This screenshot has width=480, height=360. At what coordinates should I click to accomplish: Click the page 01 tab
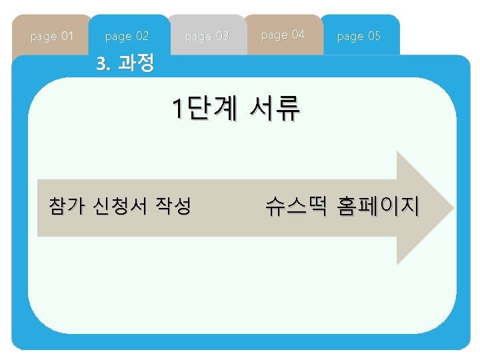click(x=52, y=35)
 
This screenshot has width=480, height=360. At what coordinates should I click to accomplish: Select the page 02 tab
click(x=127, y=35)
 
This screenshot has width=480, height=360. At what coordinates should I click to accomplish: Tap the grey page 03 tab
click(x=206, y=35)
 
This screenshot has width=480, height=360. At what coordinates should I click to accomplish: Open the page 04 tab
click(x=283, y=34)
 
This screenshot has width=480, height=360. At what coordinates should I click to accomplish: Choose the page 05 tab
click(x=359, y=35)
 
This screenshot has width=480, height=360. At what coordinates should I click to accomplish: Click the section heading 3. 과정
click(x=125, y=64)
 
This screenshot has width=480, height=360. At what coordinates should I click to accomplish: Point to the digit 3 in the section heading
click(x=101, y=64)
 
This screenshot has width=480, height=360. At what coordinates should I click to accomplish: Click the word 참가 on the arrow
click(x=66, y=206)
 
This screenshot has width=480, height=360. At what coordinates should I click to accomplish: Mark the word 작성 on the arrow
click(x=173, y=206)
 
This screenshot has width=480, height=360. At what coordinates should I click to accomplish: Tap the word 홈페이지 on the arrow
click(x=378, y=207)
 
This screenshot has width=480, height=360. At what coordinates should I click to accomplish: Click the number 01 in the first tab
click(x=67, y=35)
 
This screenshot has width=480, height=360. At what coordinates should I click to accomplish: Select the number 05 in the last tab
click(x=373, y=35)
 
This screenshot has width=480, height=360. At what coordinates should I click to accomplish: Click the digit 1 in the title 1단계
click(x=177, y=109)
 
